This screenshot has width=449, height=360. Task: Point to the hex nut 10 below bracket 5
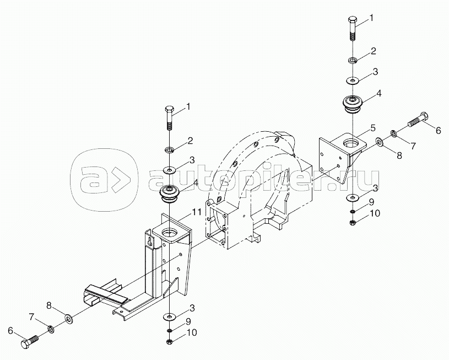(x=353, y=222)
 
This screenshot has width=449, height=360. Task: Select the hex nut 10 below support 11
(x=170, y=342)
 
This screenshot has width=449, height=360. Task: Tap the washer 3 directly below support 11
(x=170, y=316)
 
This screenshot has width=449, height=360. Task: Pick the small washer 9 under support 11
(x=170, y=331)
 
